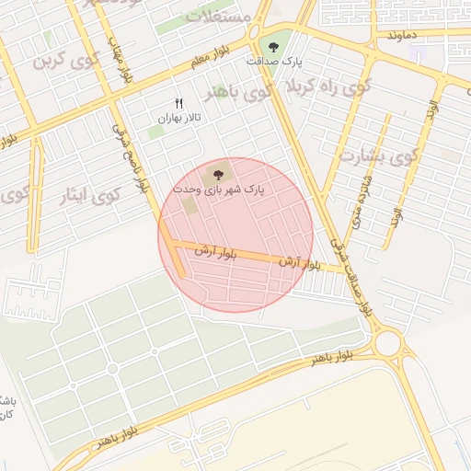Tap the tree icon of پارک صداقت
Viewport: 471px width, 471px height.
pyautogui.click(x=272, y=44)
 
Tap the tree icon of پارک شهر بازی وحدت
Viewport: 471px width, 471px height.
pyautogui.click(x=218, y=175)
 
